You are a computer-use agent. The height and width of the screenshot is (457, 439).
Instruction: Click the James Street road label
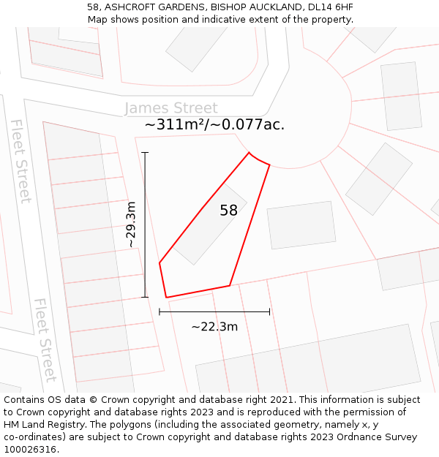click(171, 108)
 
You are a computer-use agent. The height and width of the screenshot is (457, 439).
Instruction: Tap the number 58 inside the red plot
click(228, 211)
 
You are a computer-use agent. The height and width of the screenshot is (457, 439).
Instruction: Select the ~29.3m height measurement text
click(132, 224)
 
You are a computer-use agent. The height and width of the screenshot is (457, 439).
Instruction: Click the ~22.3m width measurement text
click(214, 327)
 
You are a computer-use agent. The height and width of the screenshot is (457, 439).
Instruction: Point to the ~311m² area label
click(175, 125)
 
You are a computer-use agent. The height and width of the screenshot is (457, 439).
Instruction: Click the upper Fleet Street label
click(20, 161)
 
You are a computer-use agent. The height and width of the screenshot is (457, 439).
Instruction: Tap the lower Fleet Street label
click(45, 339)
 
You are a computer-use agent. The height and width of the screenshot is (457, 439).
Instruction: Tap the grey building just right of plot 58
click(301, 224)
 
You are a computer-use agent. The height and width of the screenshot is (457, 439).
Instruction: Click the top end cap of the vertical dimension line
click(145, 153)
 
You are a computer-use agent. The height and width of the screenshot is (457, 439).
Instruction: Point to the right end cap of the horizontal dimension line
click(269, 311)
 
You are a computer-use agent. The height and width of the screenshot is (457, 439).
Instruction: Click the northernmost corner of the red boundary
click(249, 152)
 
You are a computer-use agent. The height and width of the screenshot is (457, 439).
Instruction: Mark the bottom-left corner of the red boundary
click(166, 298)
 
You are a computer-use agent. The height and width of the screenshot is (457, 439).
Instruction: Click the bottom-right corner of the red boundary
click(230, 285)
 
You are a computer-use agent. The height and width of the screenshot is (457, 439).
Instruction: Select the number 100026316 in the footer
click(29, 450)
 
